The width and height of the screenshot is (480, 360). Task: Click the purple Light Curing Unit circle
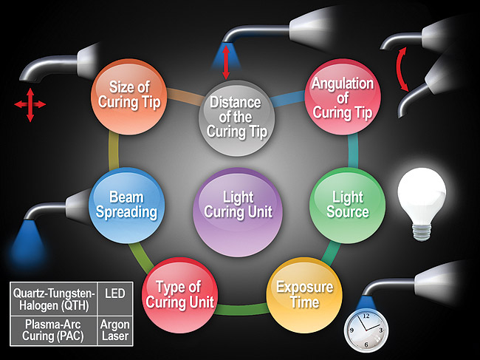pyautogui.click(x=237, y=205)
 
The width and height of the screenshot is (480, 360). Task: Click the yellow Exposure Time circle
pyautogui.click(x=304, y=293)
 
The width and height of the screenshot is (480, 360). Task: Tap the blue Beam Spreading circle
pyautogui.click(x=126, y=205)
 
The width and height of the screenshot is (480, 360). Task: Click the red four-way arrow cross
pyautogui.click(x=30, y=105)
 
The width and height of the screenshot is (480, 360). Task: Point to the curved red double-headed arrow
pyautogui.click(x=403, y=69)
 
